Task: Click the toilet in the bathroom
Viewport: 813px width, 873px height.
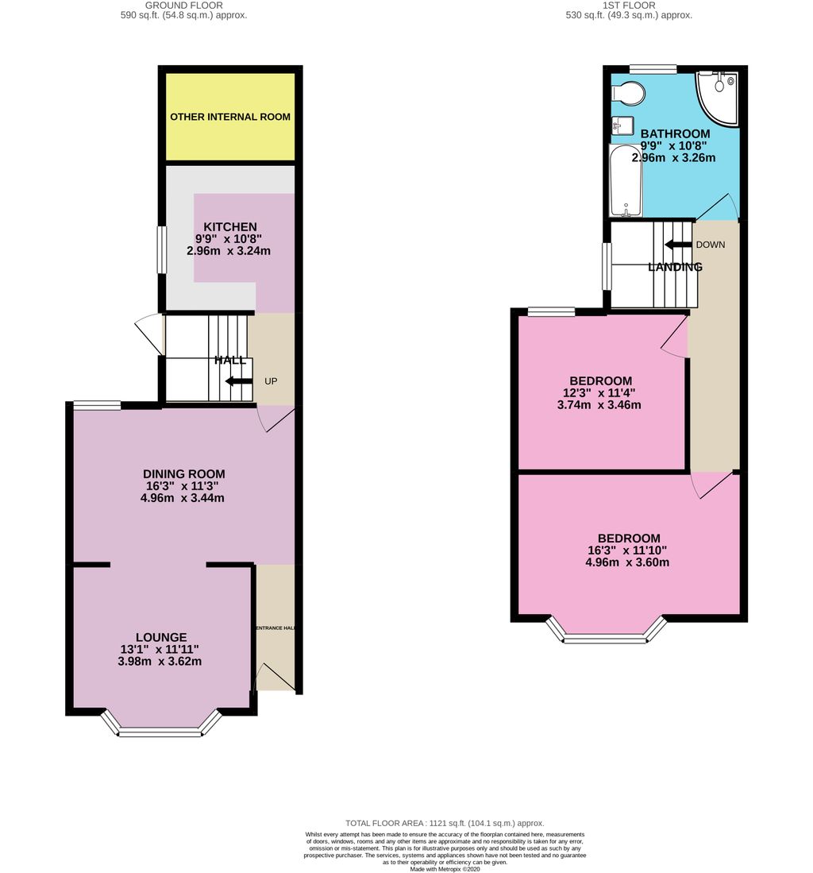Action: point(629,94)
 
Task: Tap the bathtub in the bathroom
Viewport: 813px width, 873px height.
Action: point(626,181)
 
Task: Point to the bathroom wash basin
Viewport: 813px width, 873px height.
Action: point(622,126)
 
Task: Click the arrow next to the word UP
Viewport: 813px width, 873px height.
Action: point(239,380)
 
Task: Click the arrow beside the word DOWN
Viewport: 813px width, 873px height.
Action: point(678,245)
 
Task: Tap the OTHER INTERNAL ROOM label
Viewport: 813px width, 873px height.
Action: point(229,117)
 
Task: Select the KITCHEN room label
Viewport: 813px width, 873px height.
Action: point(229,226)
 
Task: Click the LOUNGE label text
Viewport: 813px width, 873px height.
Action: point(161,637)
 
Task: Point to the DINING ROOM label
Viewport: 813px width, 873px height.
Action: point(183,473)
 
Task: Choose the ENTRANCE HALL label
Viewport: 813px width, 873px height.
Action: point(275,628)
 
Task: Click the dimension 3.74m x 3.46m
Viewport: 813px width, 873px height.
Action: point(599,405)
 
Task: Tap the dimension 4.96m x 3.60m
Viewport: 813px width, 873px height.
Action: point(627,562)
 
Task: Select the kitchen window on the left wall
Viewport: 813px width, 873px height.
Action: point(162,249)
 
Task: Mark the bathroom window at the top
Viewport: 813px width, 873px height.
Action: point(653,69)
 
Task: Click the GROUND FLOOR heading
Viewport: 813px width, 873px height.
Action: point(183,6)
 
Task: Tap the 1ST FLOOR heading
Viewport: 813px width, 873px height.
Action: point(629,6)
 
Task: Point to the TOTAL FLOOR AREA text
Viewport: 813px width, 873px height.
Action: point(445,823)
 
